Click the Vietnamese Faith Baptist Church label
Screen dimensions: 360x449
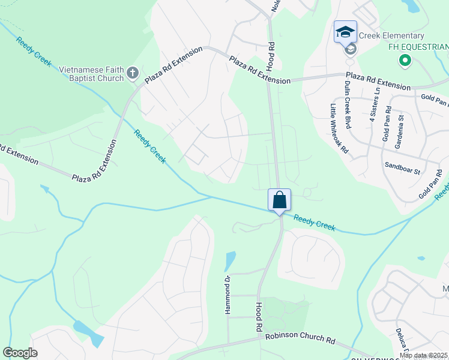pyautogui.click(x=91, y=74)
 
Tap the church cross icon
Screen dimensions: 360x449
pyautogui.click(x=133, y=74)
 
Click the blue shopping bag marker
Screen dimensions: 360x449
pyautogui.click(x=279, y=200)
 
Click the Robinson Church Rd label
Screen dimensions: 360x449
pyautogui.click(x=300, y=339)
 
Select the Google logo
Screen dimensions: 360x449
pyautogui.click(x=20, y=353)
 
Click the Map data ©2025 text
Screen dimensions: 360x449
pyautogui.click(x=423, y=356)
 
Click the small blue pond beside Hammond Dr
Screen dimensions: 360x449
pyautogui.click(x=230, y=261)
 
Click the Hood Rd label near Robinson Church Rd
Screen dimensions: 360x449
pyautogui.click(x=260, y=318)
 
